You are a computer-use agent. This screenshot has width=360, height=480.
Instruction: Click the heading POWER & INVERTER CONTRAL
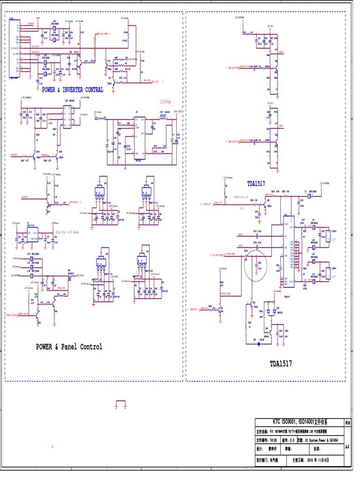pyautogui.click(x=73, y=90)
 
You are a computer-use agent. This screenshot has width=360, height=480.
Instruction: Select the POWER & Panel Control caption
pyautogui.click(x=69, y=347)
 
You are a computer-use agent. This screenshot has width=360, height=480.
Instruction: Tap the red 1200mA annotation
pyautogui.click(x=165, y=102)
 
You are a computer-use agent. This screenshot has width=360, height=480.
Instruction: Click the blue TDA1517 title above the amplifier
pyautogui.click(x=259, y=184)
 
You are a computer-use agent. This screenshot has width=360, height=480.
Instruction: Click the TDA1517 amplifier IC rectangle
pyautogui.click(x=288, y=251)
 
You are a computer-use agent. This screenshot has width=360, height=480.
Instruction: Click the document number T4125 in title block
pyautogui.click(x=273, y=440)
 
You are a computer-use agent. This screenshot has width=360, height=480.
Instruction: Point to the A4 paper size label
pyautogui.click(x=347, y=447)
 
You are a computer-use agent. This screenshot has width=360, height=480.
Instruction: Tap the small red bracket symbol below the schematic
pyautogui.click(x=121, y=404)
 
